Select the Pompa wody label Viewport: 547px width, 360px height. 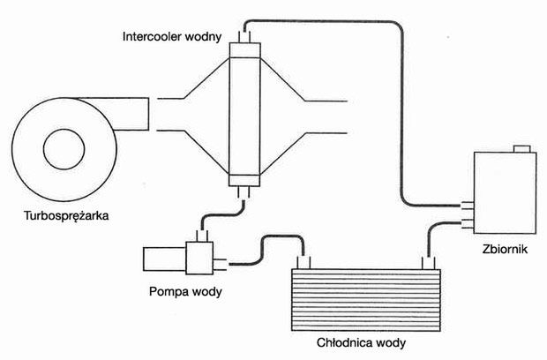click(184, 291)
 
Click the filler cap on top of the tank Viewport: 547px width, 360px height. click(521, 147)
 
